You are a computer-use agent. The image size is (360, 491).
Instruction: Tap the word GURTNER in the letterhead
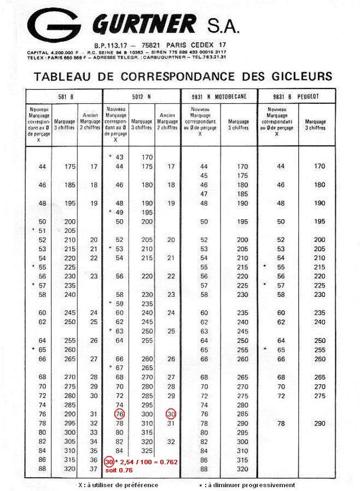(145, 24)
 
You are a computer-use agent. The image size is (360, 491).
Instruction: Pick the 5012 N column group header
(141, 96)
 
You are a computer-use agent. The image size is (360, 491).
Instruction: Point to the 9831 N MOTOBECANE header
(218, 96)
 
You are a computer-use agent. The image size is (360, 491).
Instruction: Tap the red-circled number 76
(120, 414)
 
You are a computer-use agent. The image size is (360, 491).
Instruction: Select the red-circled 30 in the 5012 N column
(171, 414)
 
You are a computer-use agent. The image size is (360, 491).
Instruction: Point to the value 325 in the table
(147, 451)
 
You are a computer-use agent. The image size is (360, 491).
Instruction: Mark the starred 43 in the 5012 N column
(119, 157)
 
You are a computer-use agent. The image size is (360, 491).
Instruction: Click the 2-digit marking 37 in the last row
(94, 469)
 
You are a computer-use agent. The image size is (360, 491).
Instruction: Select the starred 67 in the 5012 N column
(119, 367)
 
